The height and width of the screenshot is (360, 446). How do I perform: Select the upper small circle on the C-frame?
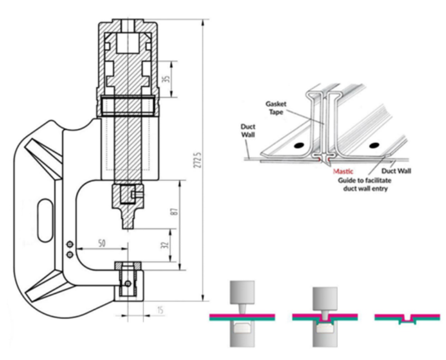pos(70,244)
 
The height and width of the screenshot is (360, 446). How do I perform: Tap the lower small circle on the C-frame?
pos(70,254)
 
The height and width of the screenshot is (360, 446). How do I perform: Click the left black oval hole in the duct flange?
pos(300,145)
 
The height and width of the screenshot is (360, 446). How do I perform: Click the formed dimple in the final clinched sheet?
pos(409,319)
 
